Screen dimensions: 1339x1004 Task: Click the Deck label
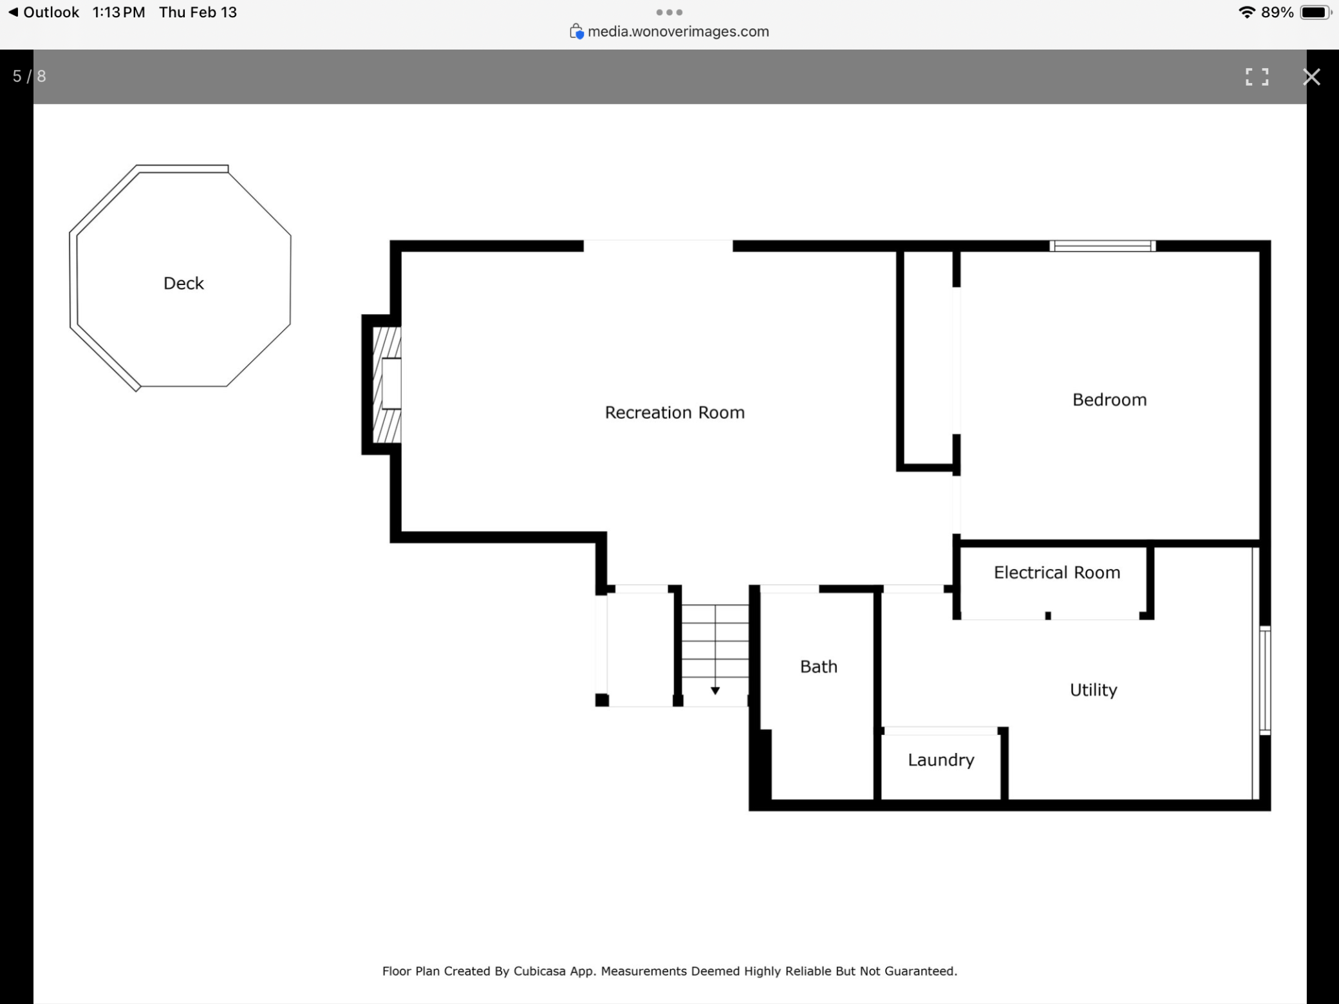[183, 283]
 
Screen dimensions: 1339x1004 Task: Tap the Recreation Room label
[675, 413]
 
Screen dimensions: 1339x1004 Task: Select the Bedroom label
[1110, 400]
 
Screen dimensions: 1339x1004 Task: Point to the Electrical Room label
[1057, 572]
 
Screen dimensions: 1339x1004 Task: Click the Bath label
[819, 666]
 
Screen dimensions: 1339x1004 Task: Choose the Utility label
[1094, 690]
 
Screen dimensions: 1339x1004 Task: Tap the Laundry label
[941, 760]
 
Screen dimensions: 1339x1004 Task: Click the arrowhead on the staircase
[715, 691]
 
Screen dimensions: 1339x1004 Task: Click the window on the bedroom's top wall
[1103, 246]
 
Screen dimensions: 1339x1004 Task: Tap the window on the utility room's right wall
[1265, 680]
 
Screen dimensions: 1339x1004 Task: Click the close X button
[1311, 77]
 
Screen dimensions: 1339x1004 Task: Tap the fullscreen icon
[1257, 77]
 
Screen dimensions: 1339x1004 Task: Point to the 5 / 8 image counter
[30, 77]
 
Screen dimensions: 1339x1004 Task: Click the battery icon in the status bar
[1316, 13]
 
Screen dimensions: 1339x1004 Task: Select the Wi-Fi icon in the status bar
[1247, 12]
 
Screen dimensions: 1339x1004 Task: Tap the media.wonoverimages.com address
[678, 32]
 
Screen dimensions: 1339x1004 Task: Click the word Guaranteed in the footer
[921, 971]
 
